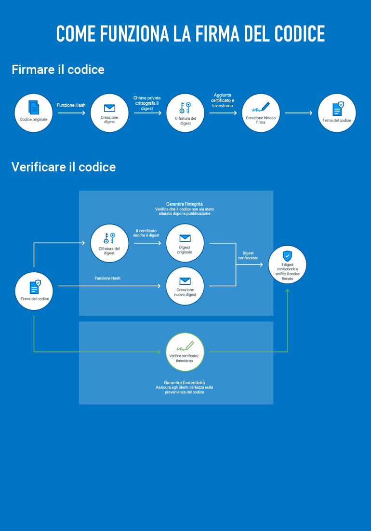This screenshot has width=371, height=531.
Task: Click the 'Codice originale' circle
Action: [x=34, y=113]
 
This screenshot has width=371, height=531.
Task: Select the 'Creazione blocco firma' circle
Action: [x=261, y=113]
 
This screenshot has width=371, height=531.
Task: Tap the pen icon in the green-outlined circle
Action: [x=185, y=346]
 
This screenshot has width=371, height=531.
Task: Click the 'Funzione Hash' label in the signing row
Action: [x=71, y=105]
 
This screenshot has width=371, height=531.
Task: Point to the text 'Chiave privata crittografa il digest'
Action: [x=147, y=103]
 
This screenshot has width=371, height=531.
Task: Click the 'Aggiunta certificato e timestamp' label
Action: [x=223, y=100]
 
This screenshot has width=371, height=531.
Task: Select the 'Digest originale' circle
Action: [x=185, y=243]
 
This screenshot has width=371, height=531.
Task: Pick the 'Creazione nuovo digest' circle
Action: [x=185, y=286]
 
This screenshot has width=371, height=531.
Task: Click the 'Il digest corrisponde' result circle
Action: [x=287, y=265]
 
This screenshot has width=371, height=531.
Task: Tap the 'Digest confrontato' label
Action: [x=248, y=255]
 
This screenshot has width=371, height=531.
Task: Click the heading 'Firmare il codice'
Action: [x=58, y=70]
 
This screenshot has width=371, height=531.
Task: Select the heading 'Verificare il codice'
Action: [x=64, y=167]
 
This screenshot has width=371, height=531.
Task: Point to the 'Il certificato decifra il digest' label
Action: [x=146, y=233]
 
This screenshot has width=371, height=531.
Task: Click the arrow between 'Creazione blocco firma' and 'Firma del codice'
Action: [x=299, y=113]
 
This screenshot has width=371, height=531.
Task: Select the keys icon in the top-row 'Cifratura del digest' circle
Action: [x=185, y=108]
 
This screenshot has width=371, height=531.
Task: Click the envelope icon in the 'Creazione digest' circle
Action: [x=109, y=108]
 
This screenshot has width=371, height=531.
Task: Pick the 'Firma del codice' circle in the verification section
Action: [x=34, y=291]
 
